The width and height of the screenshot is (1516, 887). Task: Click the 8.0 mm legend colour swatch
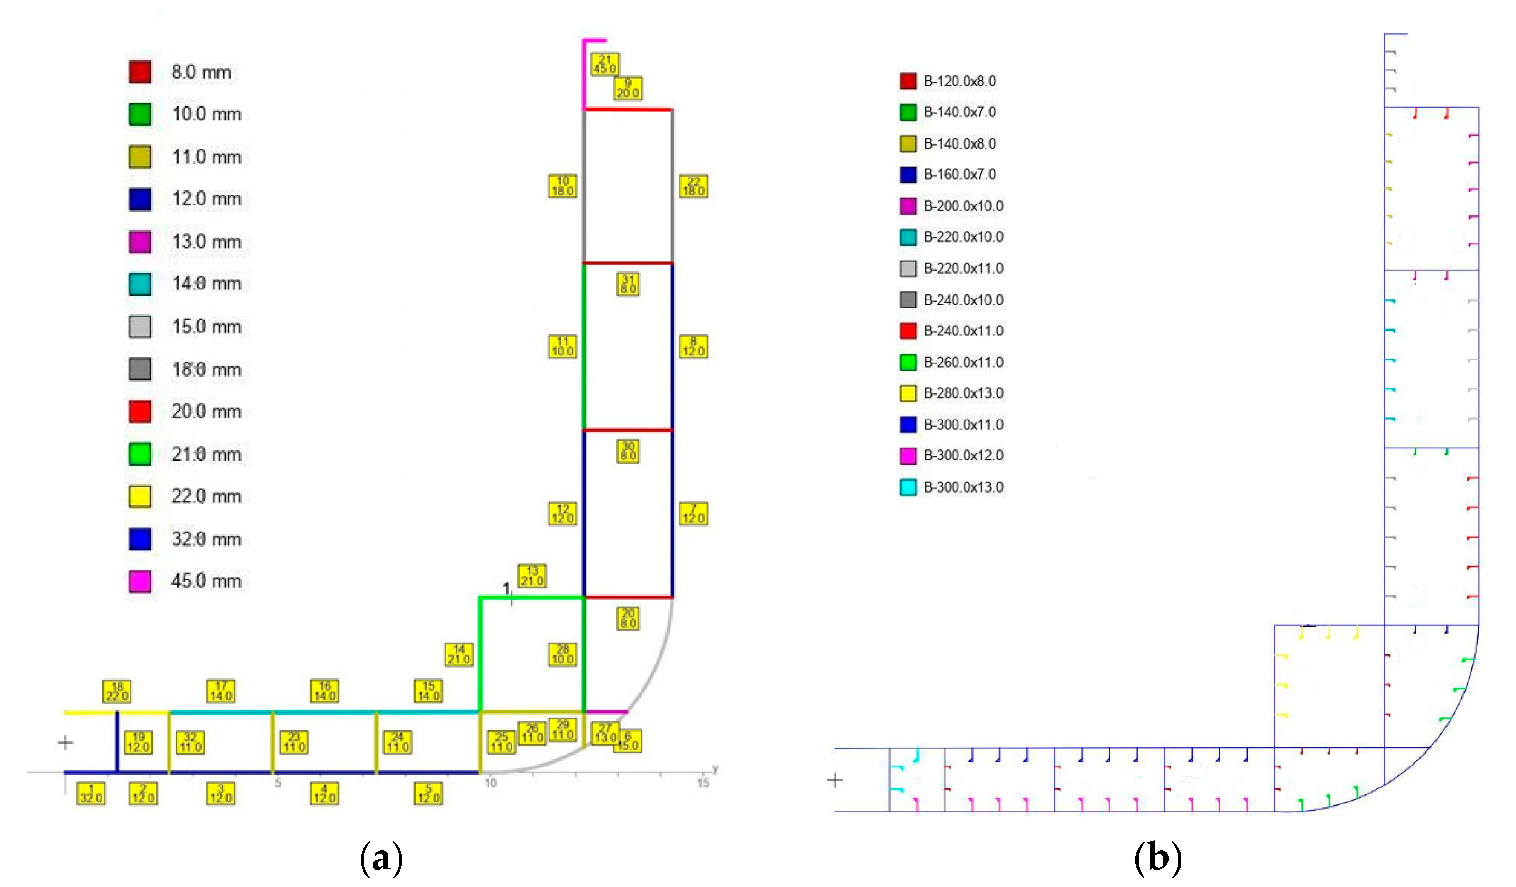(x=140, y=72)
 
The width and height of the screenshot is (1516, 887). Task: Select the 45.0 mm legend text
(x=206, y=581)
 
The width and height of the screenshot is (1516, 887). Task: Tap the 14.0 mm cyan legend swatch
(x=140, y=284)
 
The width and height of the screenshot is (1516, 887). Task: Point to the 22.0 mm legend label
(x=206, y=496)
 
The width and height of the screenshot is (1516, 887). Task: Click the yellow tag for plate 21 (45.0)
(x=605, y=64)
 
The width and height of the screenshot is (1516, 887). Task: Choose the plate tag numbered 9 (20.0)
(x=627, y=88)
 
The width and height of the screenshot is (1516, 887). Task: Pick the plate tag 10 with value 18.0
(x=562, y=186)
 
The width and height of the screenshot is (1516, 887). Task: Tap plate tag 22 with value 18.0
(x=693, y=186)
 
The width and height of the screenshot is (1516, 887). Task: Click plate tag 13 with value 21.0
(x=532, y=576)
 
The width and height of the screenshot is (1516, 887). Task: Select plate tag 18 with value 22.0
(x=117, y=691)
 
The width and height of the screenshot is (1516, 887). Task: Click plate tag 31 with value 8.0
(x=627, y=284)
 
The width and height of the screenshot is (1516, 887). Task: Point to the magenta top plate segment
(x=584, y=72)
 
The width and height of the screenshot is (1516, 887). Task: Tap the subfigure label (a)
(x=380, y=858)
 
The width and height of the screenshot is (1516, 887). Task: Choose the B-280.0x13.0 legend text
(x=963, y=393)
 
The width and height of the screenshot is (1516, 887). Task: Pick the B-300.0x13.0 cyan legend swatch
(x=908, y=487)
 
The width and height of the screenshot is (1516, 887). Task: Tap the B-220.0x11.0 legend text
(x=963, y=269)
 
